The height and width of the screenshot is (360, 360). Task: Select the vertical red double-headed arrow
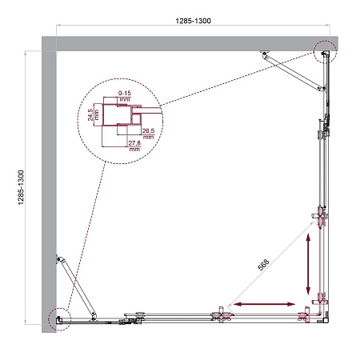[x=307, y=269]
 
